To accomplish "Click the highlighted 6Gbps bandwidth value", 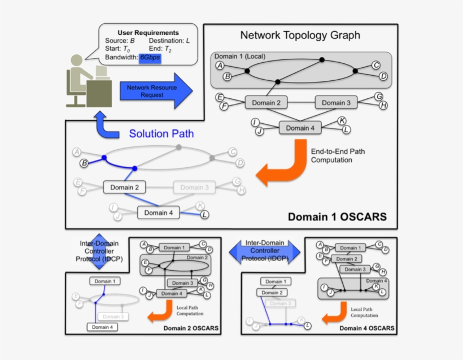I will point(150,58).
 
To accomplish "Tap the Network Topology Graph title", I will point(300,36).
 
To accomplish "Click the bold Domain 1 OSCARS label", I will point(337,217).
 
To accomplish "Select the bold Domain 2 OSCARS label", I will point(191,328).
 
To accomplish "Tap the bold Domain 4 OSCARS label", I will point(367,328).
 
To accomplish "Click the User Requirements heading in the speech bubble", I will point(148,33).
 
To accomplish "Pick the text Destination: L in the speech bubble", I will point(169,41).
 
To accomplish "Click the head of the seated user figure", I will point(77,60).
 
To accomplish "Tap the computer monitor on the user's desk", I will point(102,72).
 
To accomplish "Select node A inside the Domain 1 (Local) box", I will point(220,66).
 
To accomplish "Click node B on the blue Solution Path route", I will point(84,164).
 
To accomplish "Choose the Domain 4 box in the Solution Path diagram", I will point(155,213).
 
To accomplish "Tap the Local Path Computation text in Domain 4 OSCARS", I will point(364,312).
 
